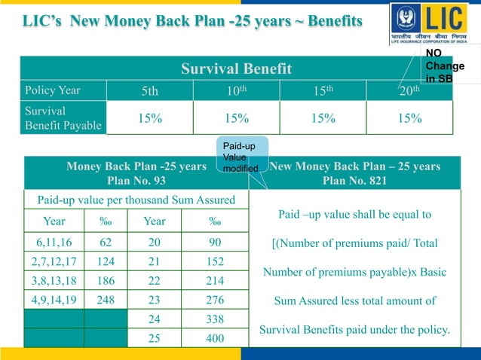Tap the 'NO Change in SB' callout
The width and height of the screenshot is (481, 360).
(x=444, y=66)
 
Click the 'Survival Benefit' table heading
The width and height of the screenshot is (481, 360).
(x=236, y=69)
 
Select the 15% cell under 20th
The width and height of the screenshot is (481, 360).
(x=409, y=118)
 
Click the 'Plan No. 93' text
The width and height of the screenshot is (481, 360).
(x=136, y=181)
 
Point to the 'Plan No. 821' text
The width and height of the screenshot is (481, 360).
(x=354, y=181)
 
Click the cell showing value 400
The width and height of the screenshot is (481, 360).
(x=216, y=338)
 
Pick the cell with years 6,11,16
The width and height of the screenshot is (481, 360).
(x=54, y=243)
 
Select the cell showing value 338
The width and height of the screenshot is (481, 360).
(x=216, y=319)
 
